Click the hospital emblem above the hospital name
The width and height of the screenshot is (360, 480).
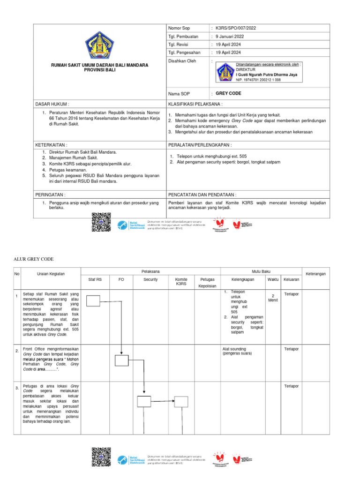pos(99,45)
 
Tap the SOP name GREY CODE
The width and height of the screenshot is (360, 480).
pos(228,94)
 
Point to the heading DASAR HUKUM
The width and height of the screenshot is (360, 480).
pos(52,104)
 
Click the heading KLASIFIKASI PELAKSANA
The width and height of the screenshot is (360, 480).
pos(195,104)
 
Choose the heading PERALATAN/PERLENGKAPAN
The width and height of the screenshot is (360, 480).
pos(200,145)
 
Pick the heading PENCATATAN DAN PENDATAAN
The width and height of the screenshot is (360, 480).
pos(202,194)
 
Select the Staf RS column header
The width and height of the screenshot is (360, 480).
pos(95,280)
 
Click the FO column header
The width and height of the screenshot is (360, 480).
pos(121,280)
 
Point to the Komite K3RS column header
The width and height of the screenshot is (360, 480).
pos(181,281)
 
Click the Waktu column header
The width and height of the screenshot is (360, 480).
pos(273,280)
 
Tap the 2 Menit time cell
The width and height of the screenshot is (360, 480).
pos(273,298)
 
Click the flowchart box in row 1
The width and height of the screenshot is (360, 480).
pos(94,300)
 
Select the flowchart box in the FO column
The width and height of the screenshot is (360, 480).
pos(121,360)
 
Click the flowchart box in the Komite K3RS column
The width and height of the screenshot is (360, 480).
pos(181,401)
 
